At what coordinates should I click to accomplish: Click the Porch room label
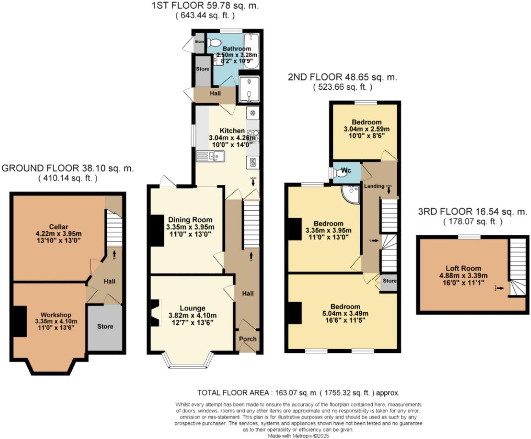248,339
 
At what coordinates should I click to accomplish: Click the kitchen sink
211,156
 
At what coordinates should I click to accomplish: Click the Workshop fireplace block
20,321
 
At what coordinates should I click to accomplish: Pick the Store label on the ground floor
105,326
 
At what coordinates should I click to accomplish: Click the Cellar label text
58,227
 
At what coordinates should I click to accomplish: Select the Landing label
374,186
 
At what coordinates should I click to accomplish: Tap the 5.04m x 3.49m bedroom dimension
345,313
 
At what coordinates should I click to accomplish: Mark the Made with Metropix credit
298,436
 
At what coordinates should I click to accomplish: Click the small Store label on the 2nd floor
389,280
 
